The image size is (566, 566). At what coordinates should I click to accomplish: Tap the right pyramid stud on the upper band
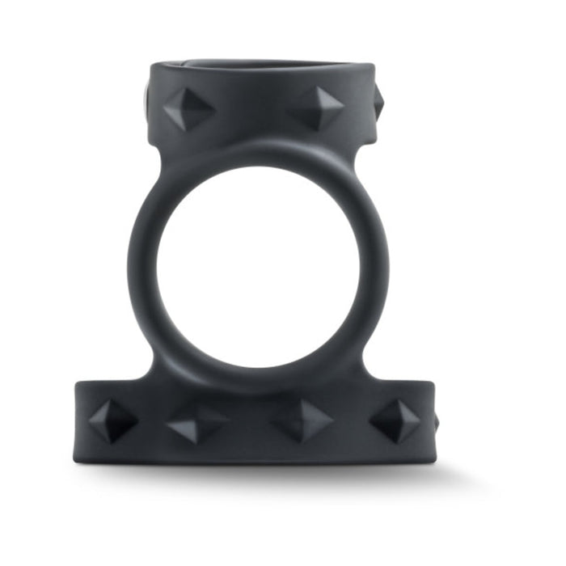pos(319,107)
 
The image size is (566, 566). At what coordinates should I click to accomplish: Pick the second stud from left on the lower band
pos(197,423)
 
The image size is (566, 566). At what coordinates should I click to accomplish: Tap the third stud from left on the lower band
pos(303,420)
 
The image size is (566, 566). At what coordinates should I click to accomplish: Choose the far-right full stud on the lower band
pos(395,420)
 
